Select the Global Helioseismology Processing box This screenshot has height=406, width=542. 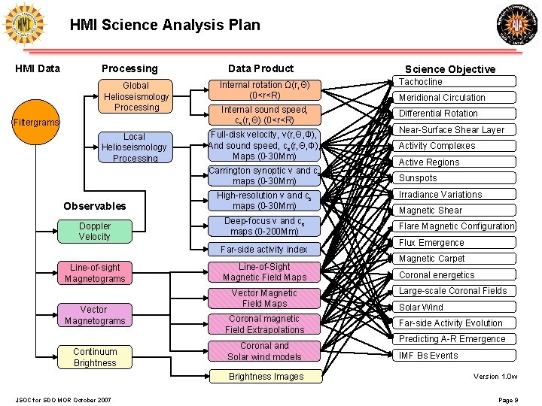(136, 96)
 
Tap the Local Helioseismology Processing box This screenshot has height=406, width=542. (134, 147)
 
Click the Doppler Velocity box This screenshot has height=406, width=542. (94, 231)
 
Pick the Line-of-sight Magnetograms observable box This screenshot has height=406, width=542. (94, 273)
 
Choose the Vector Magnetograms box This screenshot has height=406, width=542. (94, 315)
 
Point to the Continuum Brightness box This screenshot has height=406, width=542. (95, 357)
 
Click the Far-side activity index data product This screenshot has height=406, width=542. (263, 250)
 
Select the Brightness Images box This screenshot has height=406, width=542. (266, 377)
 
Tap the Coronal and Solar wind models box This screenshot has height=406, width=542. (263, 351)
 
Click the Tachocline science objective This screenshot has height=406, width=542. (456, 82)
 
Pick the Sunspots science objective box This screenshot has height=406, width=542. (456, 178)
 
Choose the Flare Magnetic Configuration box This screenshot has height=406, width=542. (456, 226)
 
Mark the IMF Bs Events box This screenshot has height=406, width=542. (456, 355)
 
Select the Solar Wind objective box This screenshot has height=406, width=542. (456, 307)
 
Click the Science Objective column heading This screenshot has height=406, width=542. (450, 69)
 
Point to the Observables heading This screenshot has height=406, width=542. (95, 206)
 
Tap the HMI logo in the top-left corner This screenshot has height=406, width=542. (25, 25)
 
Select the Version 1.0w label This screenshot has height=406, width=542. (495, 376)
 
